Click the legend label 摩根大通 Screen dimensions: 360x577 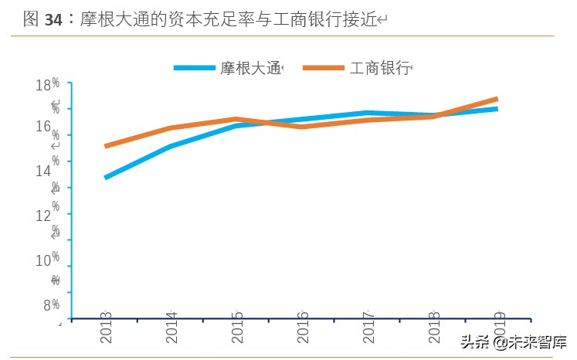(251, 68)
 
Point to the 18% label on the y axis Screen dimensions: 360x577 (48, 84)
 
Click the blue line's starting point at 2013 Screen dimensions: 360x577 (106, 178)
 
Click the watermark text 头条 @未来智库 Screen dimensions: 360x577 (513, 341)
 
